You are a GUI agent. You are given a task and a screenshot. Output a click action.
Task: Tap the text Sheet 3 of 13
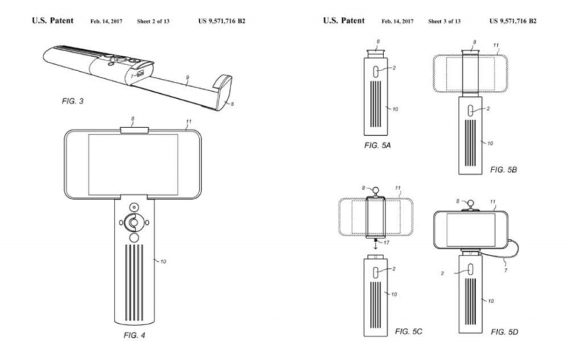(443, 21)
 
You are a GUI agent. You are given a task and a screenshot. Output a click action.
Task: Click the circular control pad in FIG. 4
(133, 223)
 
